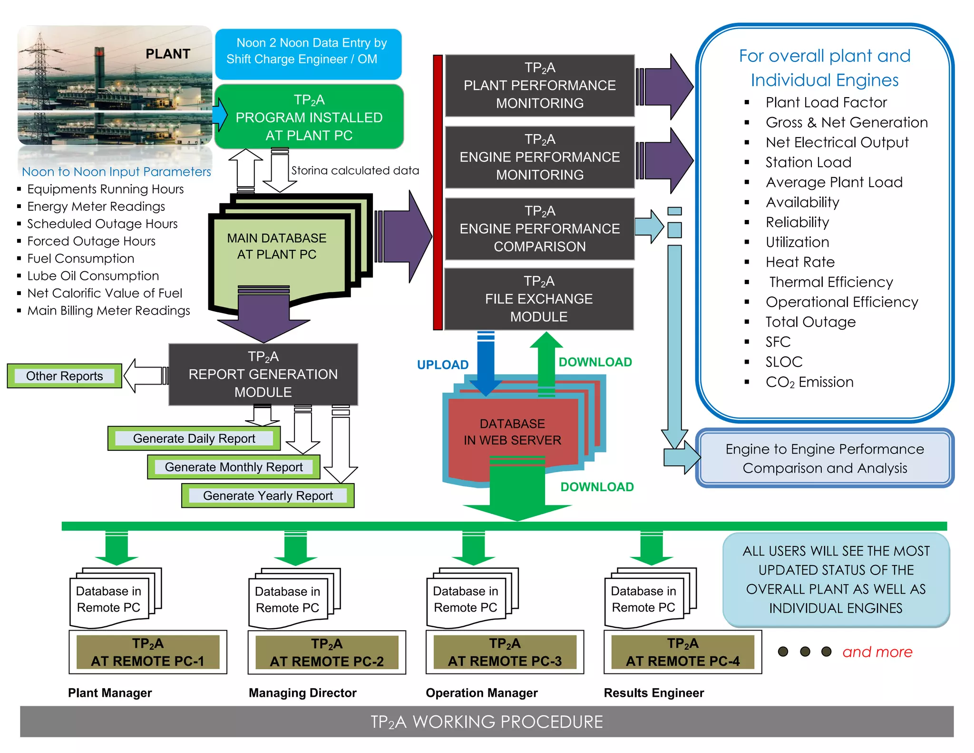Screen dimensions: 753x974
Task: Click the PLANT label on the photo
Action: (x=167, y=54)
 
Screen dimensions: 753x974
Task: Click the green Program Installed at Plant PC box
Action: (x=309, y=117)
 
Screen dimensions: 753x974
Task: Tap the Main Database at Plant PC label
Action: (x=277, y=246)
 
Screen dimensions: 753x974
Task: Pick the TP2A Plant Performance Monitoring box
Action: (x=539, y=86)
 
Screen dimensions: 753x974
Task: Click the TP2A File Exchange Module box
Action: (x=539, y=299)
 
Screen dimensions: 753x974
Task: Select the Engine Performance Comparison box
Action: (x=539, y=229)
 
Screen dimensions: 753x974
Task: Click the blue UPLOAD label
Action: (x=442, y=365)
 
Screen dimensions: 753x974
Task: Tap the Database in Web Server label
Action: (x=512, y=432)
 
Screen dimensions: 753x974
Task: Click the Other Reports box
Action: (x=65, y=376)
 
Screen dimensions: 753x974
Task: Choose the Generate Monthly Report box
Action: (x=234, y=467)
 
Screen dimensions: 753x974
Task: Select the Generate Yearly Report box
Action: (x=268, y=495)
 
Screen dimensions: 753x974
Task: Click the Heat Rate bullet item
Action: (x=800, y=262)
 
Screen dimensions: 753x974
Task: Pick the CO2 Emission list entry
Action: (x=809, y=382)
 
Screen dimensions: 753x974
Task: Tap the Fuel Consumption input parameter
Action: (x=81, y=258)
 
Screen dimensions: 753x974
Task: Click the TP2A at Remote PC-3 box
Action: (x=505, y=652)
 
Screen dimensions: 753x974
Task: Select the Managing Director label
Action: (x=302, y=693)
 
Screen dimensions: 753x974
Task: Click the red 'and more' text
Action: (x=877, y=652)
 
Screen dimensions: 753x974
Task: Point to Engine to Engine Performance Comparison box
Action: (x=825, y=458)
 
